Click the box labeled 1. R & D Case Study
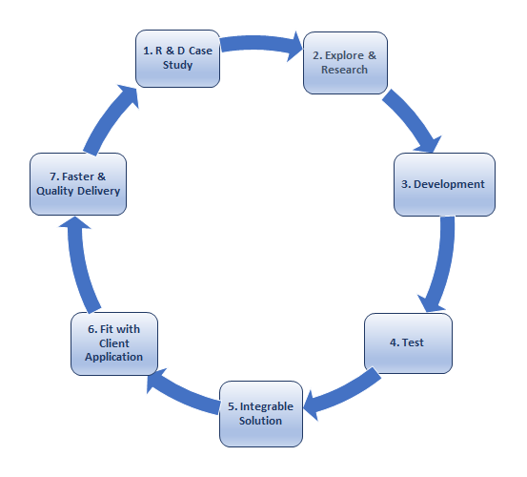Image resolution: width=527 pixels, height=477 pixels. tap(178, 58)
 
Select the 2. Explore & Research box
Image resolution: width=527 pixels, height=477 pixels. tap(345, 63)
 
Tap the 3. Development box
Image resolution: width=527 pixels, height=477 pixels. tap(444, 184)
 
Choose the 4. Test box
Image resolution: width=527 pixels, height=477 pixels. tap(408, 343)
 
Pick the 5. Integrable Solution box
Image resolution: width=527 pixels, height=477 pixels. tap(261, 414)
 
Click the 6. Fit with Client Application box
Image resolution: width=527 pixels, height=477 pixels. tap(114, 343)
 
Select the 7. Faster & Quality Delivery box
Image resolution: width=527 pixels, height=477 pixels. tap(78, 184)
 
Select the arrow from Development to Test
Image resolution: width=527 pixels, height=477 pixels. tap(441, 266)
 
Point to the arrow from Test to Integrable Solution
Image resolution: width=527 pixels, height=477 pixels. tap(344, 395)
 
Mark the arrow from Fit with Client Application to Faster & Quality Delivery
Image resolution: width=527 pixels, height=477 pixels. tap(80, 266)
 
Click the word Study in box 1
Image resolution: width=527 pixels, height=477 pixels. tap(178, 65)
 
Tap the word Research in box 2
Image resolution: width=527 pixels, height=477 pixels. tap(344, 70)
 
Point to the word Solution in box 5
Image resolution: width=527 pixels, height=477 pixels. tap(260, 421)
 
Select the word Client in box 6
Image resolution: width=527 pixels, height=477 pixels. tap(114, 343)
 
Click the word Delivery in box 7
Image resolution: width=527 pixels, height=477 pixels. tap(98, 191)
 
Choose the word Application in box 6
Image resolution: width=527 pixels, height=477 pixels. tap(114, 357)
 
